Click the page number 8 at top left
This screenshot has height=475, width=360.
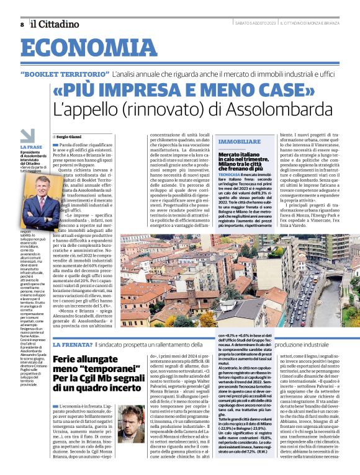tap(22, 24)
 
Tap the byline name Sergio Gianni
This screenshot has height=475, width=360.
tap(71, 135)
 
